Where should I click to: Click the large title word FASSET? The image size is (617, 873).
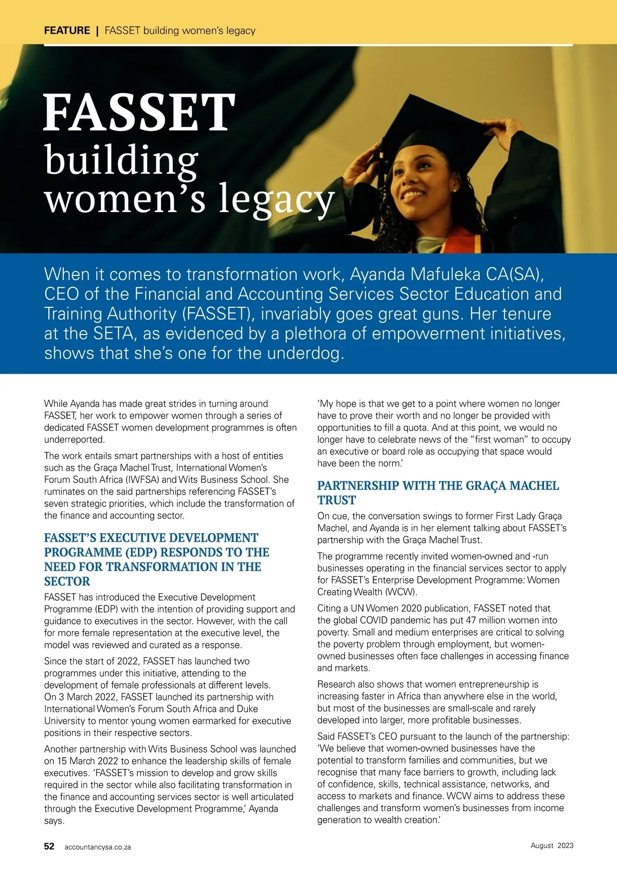tap(139, 112)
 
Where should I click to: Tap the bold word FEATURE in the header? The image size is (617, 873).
tap(67, 30)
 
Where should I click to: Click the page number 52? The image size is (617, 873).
tap(49, 846)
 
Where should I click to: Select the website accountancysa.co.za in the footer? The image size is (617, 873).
tap(98, 847)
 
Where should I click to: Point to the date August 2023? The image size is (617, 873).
tap(552, 845)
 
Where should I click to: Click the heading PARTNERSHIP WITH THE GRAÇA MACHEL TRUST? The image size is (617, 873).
tap(438, 493)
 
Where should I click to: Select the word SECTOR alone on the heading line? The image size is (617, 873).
tap(67, 581)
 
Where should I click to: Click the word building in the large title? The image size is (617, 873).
tap(121, 161)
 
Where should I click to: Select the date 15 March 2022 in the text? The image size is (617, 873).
tap(88, 761)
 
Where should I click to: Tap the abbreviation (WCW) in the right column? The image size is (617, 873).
tap(401, 592)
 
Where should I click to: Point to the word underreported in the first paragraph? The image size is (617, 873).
tap(74, 440)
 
